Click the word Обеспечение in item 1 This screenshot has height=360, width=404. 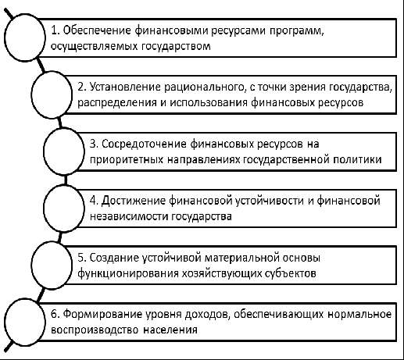97,30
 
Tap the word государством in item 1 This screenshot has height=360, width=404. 177,46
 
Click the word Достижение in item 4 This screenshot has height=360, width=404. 133,201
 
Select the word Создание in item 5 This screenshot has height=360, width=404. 114,258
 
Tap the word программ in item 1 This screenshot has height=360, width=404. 296,31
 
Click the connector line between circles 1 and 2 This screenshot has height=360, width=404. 41,66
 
